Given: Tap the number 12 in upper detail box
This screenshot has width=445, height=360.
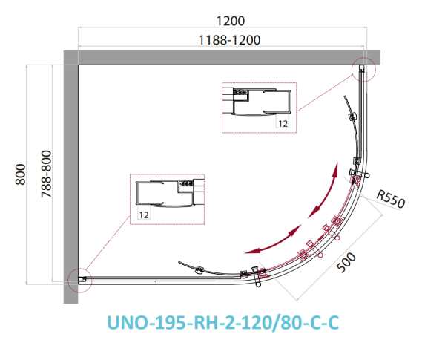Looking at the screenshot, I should pyautogui.click(x=283, y=123).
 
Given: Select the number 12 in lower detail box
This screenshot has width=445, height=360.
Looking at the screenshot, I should pyautogui.click(x=144, y=215).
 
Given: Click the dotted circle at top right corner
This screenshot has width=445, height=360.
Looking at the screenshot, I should pyautogui.click(x=363, y=69).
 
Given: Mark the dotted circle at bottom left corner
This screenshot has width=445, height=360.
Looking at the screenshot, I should pyautogui.click(x=78, y=280).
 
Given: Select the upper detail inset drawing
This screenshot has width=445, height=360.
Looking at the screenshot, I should pyautogui.click(x=259, y=108).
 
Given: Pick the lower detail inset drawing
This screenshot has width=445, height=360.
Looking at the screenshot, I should pyautogui.click(x=168, y=198).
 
